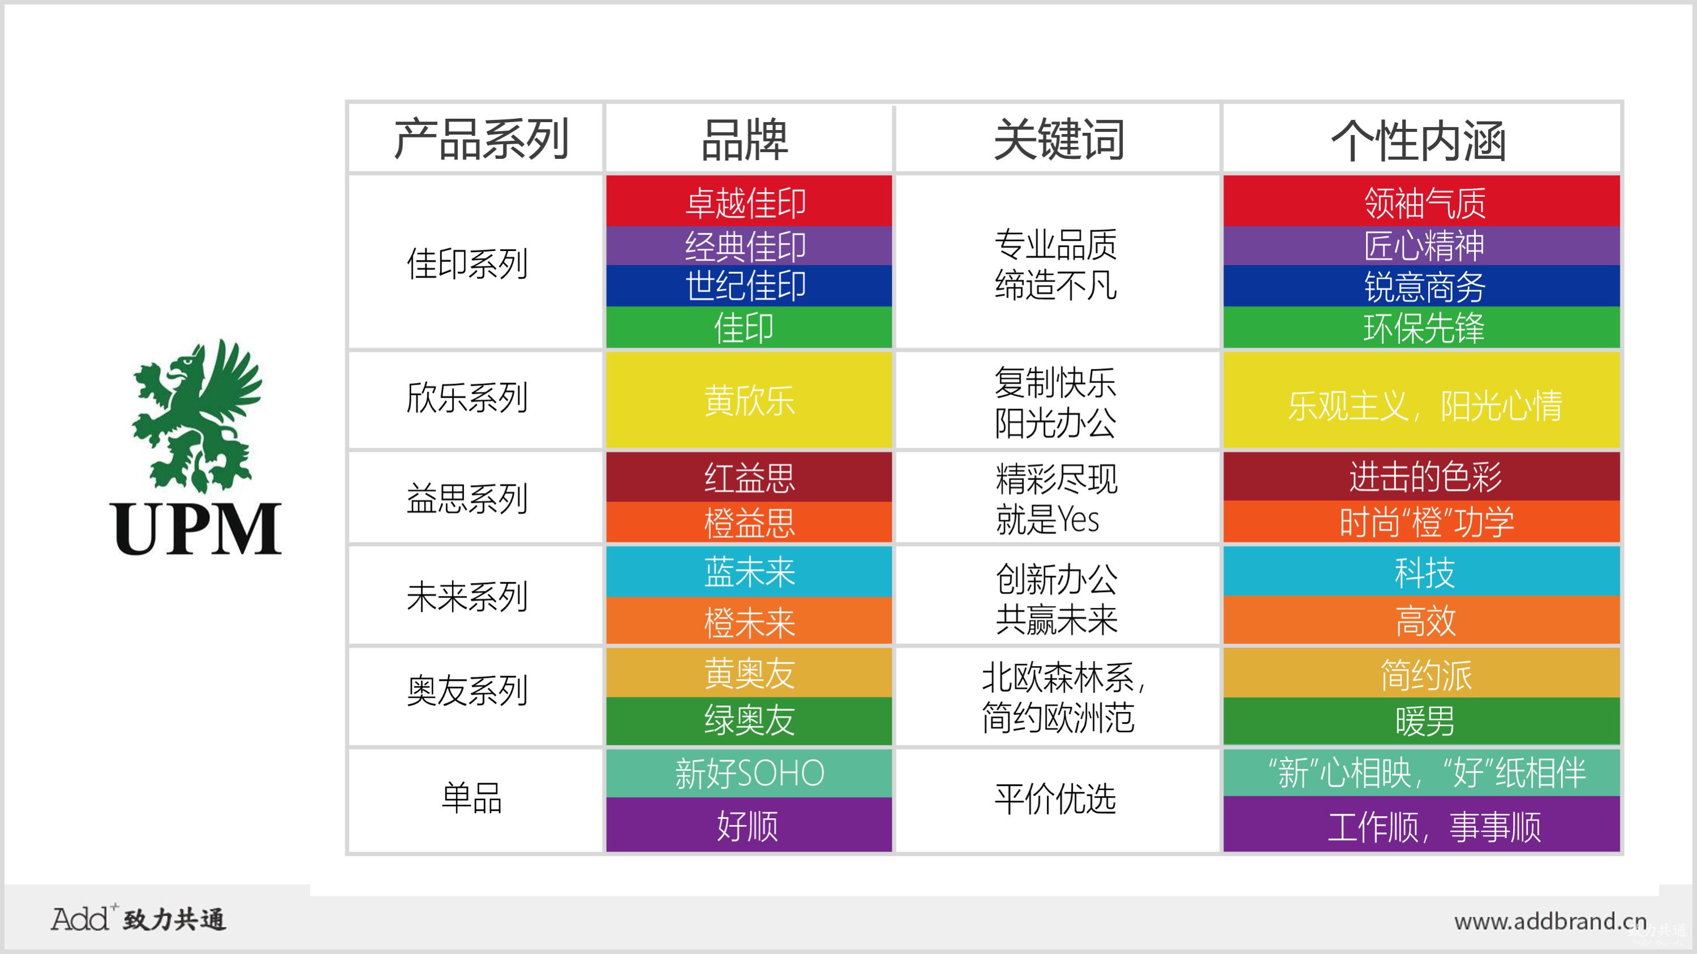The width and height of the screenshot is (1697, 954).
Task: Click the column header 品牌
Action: (x=745, y=140)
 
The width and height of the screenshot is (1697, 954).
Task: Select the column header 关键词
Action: (x=1059, y=140)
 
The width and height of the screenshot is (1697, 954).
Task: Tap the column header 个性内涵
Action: (x=1419, y=141)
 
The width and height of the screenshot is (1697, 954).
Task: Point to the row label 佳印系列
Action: (x=467, y=264)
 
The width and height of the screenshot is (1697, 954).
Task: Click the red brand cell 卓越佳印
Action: (x=749, y=201)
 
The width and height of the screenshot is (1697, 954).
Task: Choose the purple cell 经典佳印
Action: (x=749, y=245)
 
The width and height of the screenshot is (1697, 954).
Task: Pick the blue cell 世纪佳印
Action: (x=749, y=286)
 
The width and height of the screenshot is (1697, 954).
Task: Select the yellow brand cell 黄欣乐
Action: (x=749, y=400)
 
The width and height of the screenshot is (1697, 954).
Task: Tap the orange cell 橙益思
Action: (x=749, y=522)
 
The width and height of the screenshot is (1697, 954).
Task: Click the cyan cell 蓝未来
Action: (x=749, y=572)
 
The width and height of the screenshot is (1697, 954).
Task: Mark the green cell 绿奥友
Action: (x=749, y=721)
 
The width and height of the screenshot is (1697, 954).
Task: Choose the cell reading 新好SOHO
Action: (x=749, y=773)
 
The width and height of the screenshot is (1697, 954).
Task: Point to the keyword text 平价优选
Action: (x=1055, y=799)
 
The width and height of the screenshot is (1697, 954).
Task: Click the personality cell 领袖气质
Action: (x=1421, y=201)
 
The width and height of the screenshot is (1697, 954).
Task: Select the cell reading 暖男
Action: (x=1421, y=721)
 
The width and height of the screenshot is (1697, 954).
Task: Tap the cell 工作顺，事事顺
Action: (x=1421, y=825)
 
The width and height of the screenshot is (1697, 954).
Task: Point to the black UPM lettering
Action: (x=197, y=529)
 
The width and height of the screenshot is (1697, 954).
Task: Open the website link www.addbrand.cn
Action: (x=1550, y=921)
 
